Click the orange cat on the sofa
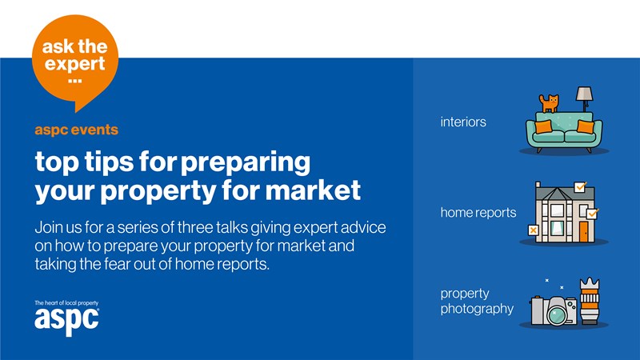tap(549, 103)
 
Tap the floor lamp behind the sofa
tap(584, 98)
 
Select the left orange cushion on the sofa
tap(543, 126)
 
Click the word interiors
tap(463, 122)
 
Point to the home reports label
tap(478, 212)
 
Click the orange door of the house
tap(584, 231)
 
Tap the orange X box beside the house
tap(533, 230)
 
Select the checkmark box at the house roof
tap(580, 186)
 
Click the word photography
tap(477, 309)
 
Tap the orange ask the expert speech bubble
tap(75, 62)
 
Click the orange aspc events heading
tap(76, 130)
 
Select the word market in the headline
tap(313, 190)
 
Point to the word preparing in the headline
tap(246, 163)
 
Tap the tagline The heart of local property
tap(66, 303)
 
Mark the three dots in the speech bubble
tap(75, 81)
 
